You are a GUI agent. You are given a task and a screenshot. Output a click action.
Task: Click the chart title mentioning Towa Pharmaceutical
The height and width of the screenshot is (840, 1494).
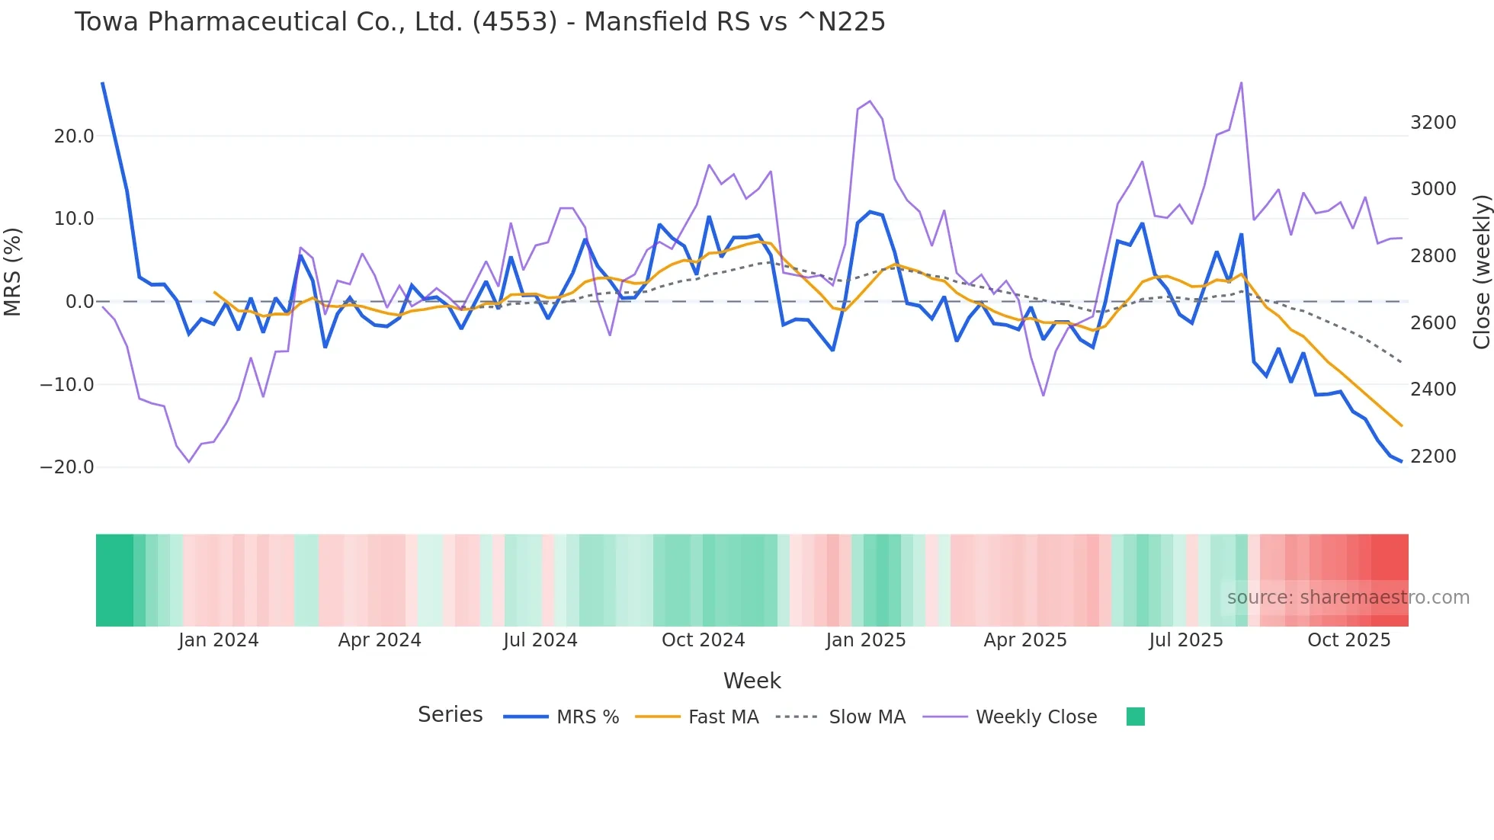click(x=479, y=22)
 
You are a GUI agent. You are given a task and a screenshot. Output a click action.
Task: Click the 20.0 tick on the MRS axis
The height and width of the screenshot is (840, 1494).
click(x=74, y=136)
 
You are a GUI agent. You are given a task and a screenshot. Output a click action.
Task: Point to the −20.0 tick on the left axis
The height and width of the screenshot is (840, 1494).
click(x=67, y=467)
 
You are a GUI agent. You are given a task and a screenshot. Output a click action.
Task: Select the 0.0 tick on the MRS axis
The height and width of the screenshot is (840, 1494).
click(x=79, y=302)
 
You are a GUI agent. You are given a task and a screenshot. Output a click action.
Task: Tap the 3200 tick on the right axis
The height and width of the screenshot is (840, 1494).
click(x=1433, y=123)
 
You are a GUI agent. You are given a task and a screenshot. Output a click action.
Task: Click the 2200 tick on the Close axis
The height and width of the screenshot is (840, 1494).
click(x=1433, y=457)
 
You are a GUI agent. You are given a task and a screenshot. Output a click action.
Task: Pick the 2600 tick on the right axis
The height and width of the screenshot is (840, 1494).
click(x=1433, y=323)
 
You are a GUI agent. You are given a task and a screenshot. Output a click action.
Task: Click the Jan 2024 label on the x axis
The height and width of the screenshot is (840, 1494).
click(x=219, y=640)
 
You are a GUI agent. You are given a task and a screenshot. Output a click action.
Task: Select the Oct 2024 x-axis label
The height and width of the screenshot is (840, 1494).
click(x=703, y=640)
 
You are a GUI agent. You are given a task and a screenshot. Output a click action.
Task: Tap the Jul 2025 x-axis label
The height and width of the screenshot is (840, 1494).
click(x=1186, y=640)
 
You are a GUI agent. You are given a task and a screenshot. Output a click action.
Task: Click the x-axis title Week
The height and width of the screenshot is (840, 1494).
click(x=752, y=681)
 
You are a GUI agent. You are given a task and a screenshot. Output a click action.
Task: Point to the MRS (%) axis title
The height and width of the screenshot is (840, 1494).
click(x=13, y=271)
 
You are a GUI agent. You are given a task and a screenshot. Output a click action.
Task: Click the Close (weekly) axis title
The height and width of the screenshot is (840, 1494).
click(x=1481, y=271)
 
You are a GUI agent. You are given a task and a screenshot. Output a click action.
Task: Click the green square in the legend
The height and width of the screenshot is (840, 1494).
click(x=1135, y=717)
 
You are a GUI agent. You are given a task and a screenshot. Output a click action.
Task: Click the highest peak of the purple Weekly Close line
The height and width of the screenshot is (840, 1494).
click(x=1241, y=83)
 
